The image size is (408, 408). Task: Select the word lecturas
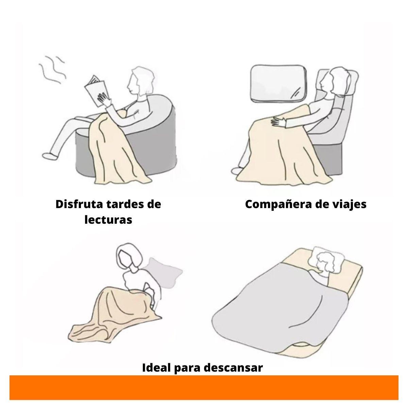pos(108,220)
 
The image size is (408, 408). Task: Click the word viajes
pos(349,205)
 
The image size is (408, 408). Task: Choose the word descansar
pos(233,368)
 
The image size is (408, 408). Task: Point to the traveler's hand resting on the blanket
pos(278,122)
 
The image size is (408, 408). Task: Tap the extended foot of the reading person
pos(50,156)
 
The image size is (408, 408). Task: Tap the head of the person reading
pos(140,81)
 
